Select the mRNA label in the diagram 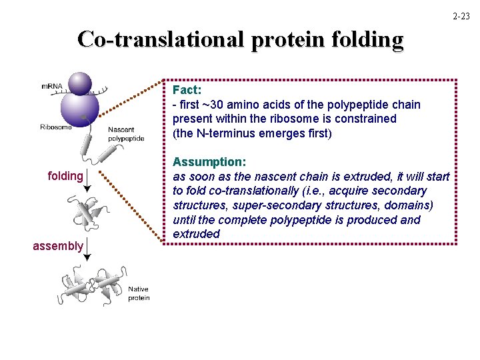[x=53, y=87]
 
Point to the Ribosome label [x=56, y=127]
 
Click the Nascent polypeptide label [x=126, y=134]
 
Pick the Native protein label [x=139, y=293]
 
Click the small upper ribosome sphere [x=81, y=83]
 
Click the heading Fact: [x=187, y=89]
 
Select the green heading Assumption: [x=209, y=162]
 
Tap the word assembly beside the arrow [x=58, y=246]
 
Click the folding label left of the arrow [x=65, y=176]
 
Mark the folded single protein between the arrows [x=86, y=213]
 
